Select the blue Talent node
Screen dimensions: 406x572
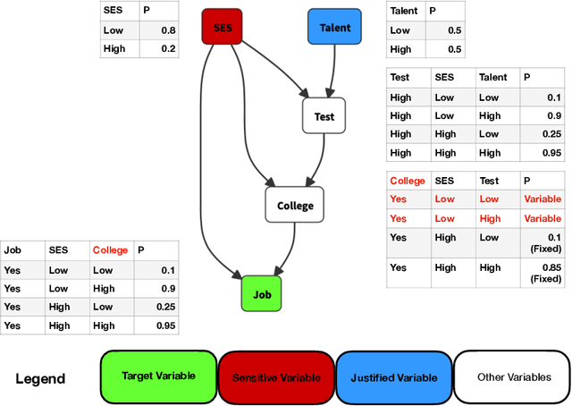(335, 27)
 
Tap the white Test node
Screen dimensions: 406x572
(324, 116)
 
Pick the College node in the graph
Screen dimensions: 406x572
(295, 205)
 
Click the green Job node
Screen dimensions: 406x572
(261, 292)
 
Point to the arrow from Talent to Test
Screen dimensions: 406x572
(332, 72)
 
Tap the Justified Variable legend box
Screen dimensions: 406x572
(393, 377)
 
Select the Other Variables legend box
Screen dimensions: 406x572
(511, 377)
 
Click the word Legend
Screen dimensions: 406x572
(40, 378)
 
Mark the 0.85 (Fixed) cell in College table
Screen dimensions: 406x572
(544, 272)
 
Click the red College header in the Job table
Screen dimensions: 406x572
(110, 250)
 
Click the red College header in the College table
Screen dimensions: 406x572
(408, 181)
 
